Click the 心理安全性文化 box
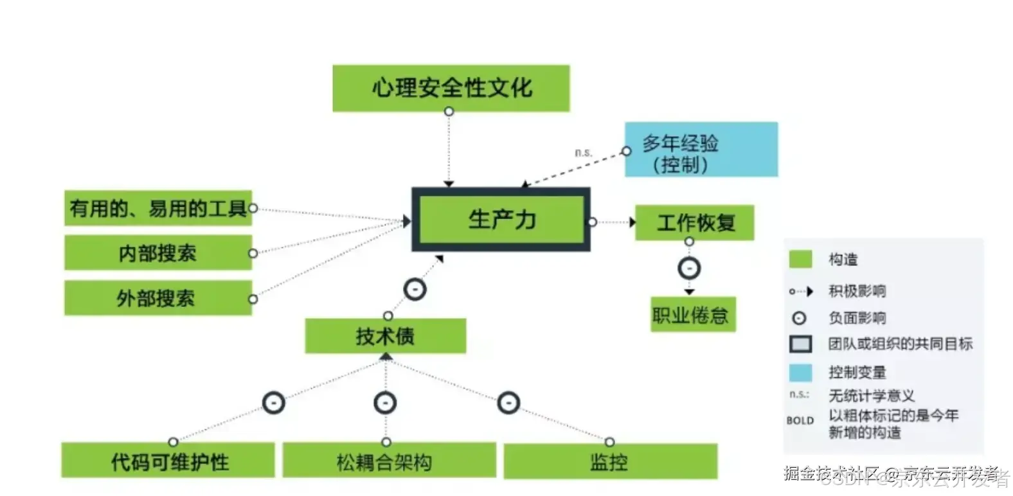coord(451,88)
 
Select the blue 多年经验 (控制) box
coord(701,150)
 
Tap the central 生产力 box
coord(501,220)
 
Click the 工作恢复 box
coord(694,223)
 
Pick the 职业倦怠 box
coord(692,315)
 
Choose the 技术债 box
coord(385,336)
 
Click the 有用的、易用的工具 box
coord(157,208)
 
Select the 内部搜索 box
coord(157,252)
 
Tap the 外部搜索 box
coord(157,297)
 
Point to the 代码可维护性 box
coord(168,461)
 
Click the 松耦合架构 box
coord(388,461)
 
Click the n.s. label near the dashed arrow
coord(583,152)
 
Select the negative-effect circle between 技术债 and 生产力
coord(415,289)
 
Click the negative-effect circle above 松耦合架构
coord(385,403)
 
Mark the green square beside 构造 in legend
coord(800,259)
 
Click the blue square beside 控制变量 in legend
coord(800,372)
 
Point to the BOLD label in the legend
coord(800,420)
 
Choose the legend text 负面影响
coord(857,318)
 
